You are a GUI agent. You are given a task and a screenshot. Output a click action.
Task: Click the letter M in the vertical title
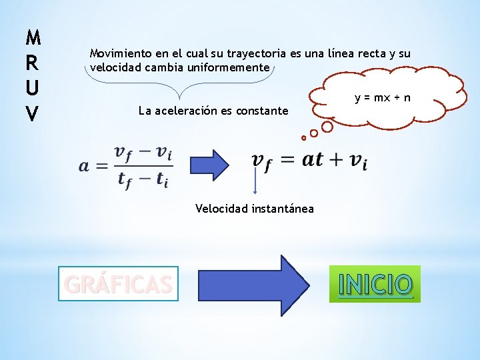[x=32, y=35]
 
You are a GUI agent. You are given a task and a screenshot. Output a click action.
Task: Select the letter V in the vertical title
[x=32, y=114]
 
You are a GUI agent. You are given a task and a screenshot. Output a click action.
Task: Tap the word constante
[x=263, y=111]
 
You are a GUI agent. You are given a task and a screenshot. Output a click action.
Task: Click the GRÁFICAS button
[x=118, y=285]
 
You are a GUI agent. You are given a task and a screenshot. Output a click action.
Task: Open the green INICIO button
[x=375, y=285]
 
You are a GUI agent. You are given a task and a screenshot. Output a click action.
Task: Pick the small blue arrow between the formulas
[x=210, y=163]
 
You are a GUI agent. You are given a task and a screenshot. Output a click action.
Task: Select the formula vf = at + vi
[x=309, y=160]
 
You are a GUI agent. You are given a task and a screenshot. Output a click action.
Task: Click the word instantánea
[x=283, y=209]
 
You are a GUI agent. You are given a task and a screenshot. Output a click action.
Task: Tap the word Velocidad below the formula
[x=222, y=209]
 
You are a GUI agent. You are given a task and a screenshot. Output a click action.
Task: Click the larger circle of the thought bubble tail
[x=327, y=125]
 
